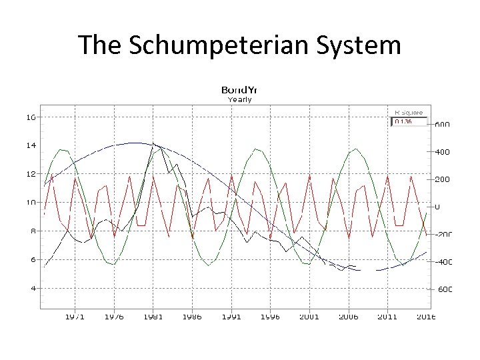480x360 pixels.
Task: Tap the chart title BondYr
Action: click(239, 89)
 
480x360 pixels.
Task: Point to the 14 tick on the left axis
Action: click(31, 145)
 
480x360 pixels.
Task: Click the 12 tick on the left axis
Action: click(31, 174)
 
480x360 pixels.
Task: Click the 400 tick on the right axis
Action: click(442, 152)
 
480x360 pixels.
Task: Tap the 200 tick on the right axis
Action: click(442, 179)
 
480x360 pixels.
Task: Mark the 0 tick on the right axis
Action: click(437, 207)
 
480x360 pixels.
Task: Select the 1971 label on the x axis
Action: click(75, 317)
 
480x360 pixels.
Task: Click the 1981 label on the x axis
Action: click(153, 317)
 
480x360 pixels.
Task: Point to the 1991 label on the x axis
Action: click(231, 317)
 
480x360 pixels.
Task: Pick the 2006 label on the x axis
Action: click(347, 317)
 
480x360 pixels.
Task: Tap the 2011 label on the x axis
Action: click(387, 317)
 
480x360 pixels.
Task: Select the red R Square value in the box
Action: click(403, 121)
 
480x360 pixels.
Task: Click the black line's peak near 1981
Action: click(153, 143)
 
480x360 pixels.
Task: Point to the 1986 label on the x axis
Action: click(192, 317)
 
